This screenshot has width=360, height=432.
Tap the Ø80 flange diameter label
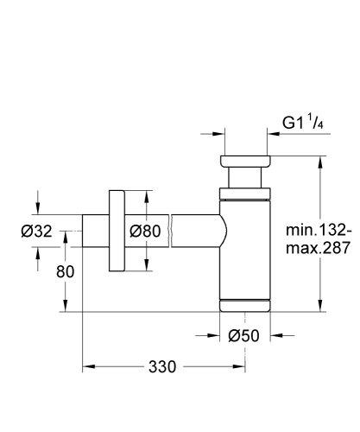click(x=146, y=231)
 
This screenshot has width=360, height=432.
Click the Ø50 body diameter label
click(x=244, y=336)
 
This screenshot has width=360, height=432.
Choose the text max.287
click(x=319, y=249)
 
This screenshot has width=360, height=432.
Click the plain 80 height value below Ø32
click(x=65, y=270)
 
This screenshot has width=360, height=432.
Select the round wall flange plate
click(x=117, y=232)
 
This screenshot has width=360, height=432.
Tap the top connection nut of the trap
click(x=246, y=162)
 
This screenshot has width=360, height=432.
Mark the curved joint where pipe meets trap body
click(x=223, y=232)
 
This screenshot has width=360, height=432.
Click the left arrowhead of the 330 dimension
click(x=86, y=366)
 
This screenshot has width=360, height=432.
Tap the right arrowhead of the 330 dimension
click(x=242, y=366)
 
